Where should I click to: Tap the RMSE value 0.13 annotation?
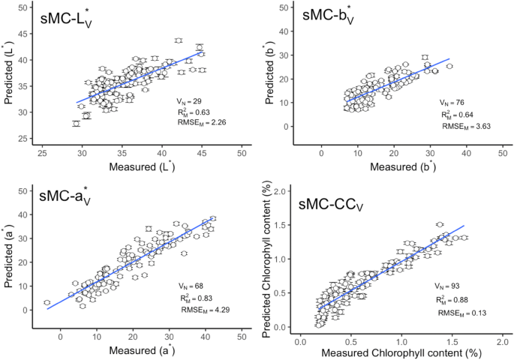click(458, 313)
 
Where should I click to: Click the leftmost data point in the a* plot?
click(47, 302)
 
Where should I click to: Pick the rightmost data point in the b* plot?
click(449, 66)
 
